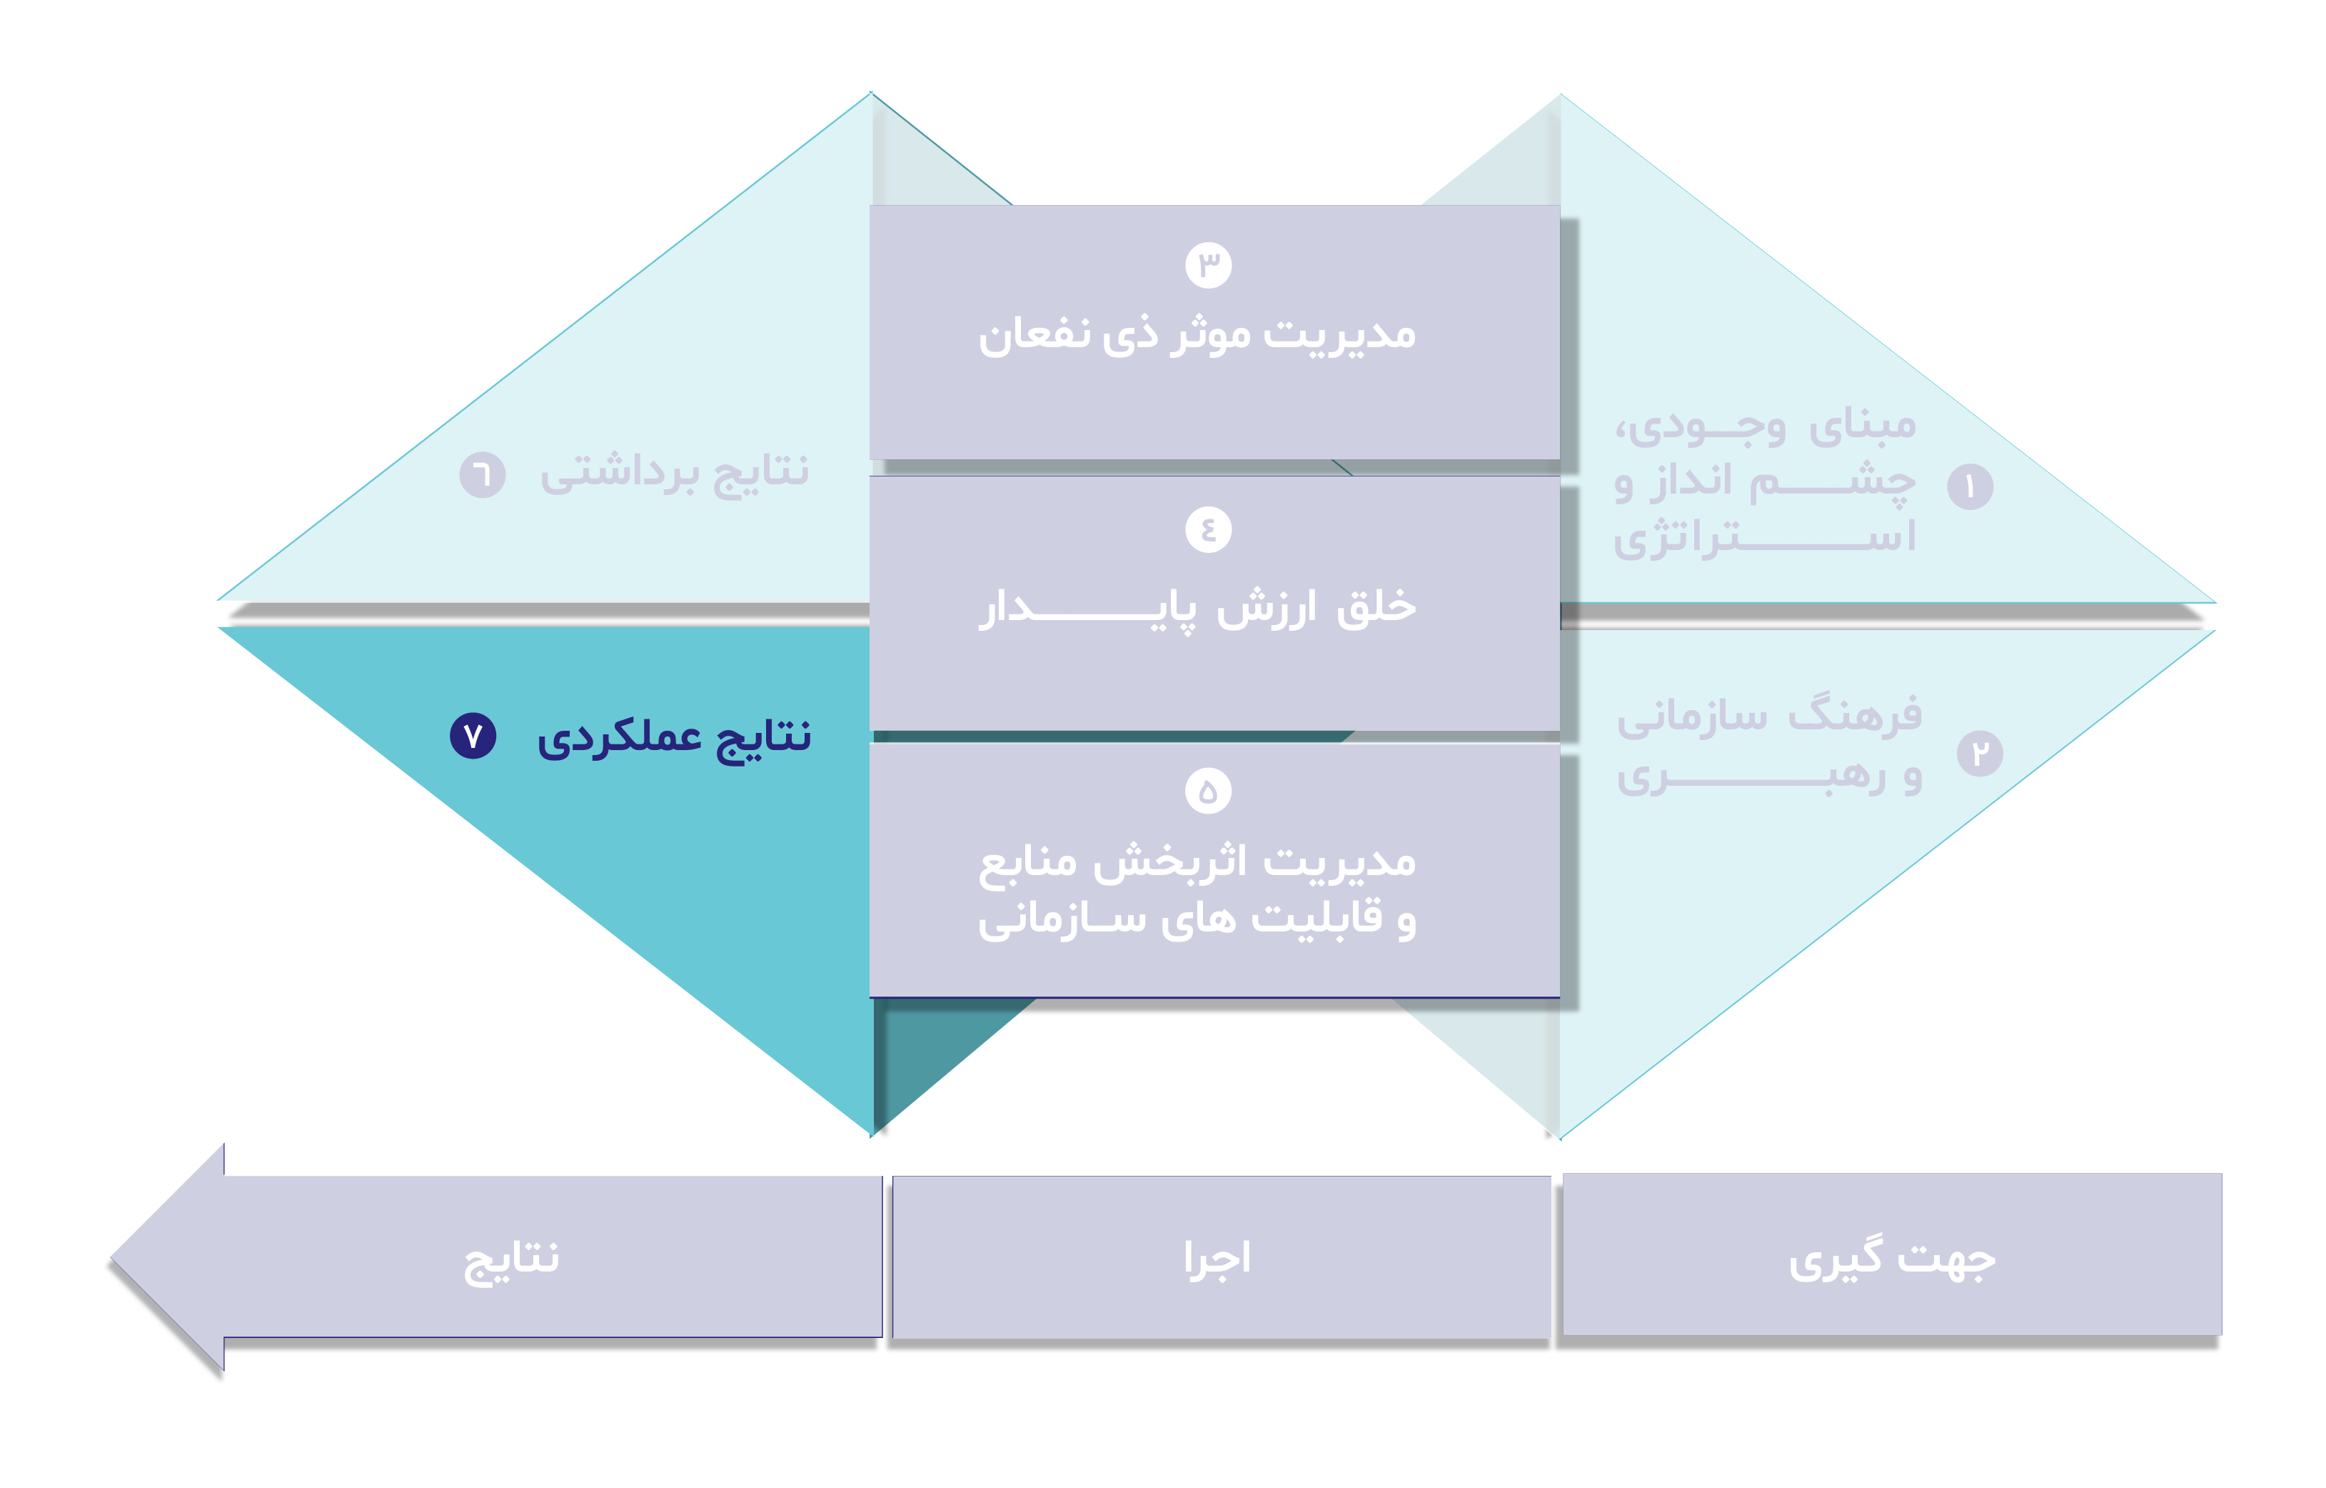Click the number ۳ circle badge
coord(1207,265)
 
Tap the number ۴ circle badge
coord(1207,529)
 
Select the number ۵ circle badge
coord(1207,792)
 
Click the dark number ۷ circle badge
coord(473,736)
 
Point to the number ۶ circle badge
coord(482,474)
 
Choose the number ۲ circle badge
coord(1979,754)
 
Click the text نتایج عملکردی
coord(674,738)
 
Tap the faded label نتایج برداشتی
coord(674,474)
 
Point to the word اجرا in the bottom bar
coord(1217,1259)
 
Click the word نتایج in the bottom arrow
coord(511,1259)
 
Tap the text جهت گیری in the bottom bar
coord(1891,1259)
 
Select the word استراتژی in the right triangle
coord(1764,537)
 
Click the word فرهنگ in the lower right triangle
coord(1855,716)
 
